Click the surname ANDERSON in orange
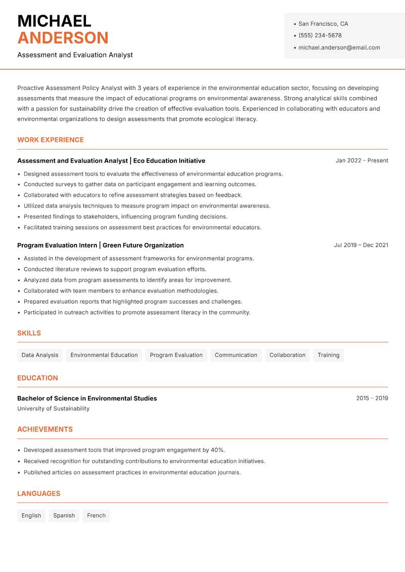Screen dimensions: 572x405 click(63, 38)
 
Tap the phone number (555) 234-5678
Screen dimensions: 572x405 click(320, 35)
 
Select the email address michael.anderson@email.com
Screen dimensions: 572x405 click(339, 48)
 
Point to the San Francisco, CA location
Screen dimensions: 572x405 click(323, 24)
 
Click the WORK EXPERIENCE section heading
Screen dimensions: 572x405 click(51, 140)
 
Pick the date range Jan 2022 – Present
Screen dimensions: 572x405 click(361, 160)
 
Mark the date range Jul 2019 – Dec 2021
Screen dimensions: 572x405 click(361, 245)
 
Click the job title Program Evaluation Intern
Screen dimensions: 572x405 click(57, 245)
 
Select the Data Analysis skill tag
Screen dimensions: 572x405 click(40, 355)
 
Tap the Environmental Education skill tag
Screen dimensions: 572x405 click(104, 355)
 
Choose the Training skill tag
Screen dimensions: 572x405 click(329, 355)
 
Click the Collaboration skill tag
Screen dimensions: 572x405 click(288, 355)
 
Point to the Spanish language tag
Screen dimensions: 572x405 click(64, 515)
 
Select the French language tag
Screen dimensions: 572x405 click(96, 515)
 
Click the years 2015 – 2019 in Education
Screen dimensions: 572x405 click(372, 398)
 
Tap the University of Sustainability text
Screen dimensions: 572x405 click(53, 408)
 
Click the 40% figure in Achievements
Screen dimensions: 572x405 click(218, 450)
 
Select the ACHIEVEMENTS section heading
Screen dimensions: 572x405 click(45, 429)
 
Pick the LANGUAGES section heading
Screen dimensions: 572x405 click(38, 494)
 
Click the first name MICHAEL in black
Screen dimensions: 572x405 click(54, 21)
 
